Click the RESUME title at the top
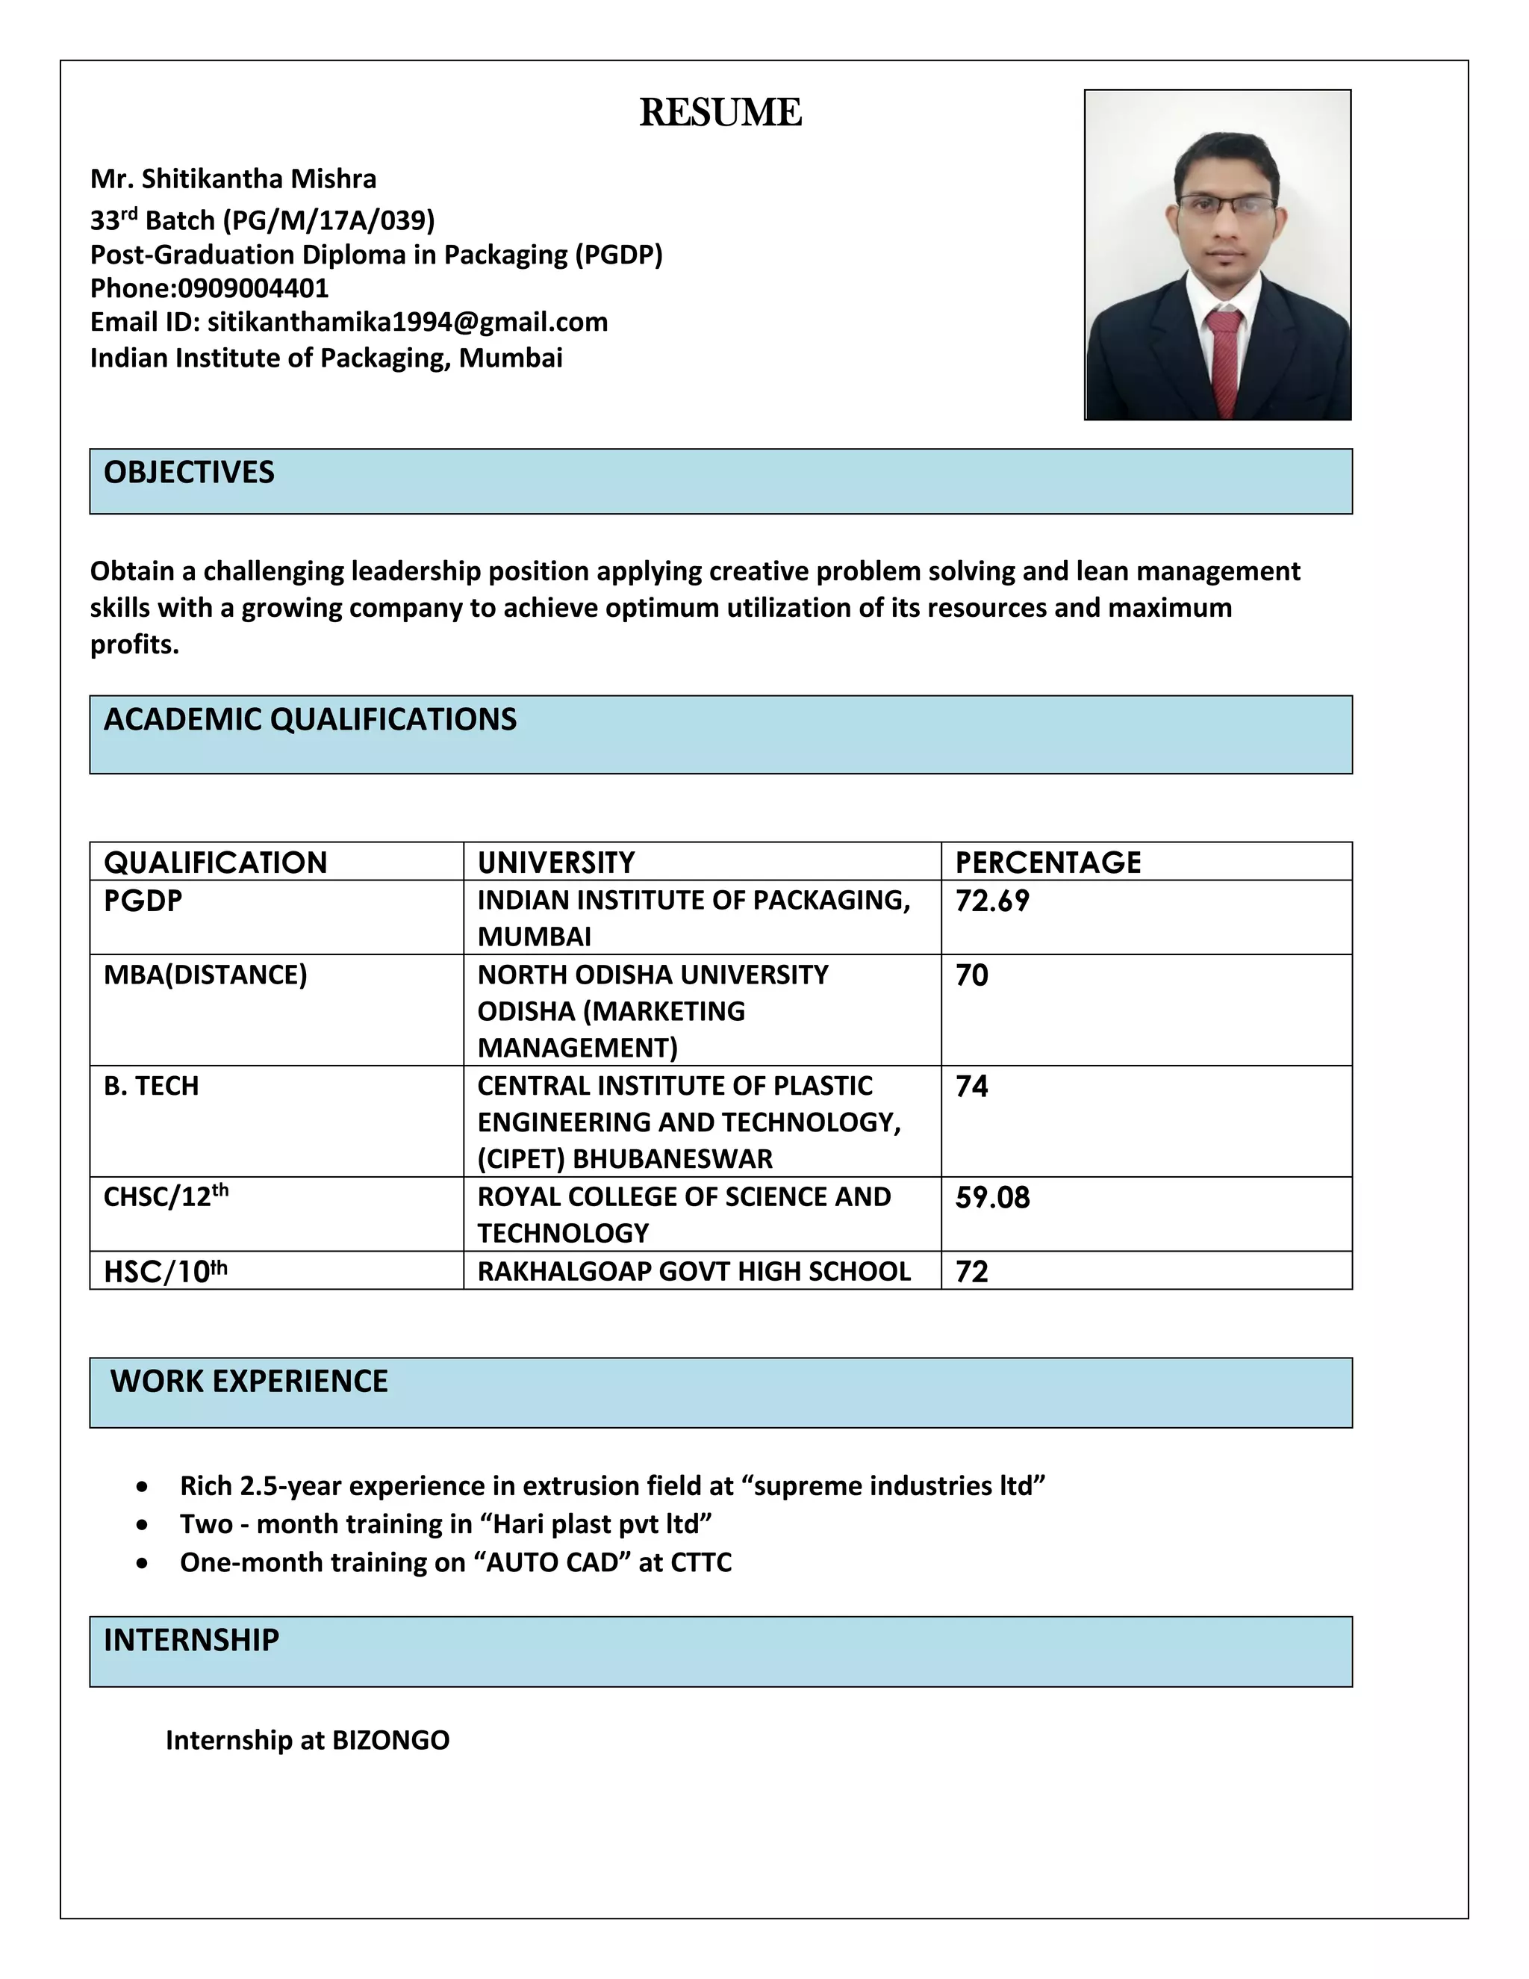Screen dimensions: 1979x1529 click(x=720, y=112)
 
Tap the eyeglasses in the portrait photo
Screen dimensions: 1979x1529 click(x=1227, y=205)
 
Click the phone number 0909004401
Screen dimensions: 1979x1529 click(x=253, y=288)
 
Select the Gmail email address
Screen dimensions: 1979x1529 click(x=408, y=323)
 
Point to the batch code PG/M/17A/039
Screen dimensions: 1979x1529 click(x=330, y=220)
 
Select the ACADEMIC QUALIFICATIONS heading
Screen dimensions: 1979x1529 click(x=310, y=719)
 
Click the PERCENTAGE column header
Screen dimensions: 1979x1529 click(x=1048, y=862)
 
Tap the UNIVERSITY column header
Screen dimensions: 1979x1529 click(x=555, y=862)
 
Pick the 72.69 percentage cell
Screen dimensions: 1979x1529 click(x=992, y=901)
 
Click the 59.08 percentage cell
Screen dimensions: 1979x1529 click(x=992, y=1197)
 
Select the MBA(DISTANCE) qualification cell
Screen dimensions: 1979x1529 click(x=205, y=975)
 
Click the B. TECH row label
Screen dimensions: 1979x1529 click(x=152, y=1086)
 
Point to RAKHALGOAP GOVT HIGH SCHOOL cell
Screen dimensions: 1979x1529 click(x=694, y=1271)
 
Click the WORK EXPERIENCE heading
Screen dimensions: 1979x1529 click(x=249, y=1381)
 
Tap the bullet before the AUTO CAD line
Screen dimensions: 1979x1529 click(x=142, y=1563)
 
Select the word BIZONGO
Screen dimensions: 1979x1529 click(x=390, y=1740)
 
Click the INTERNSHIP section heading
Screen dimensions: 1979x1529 click(x=191, y=1640)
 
